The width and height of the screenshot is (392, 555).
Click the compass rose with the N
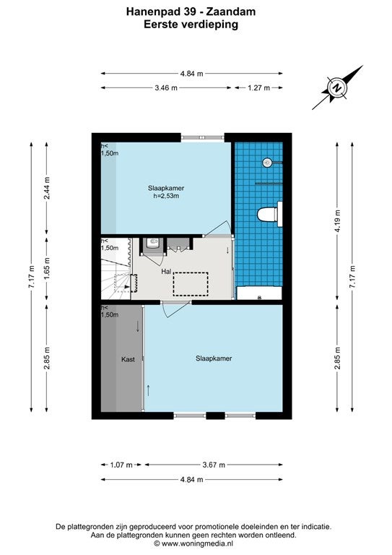338,87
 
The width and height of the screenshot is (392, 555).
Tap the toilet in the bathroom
269,214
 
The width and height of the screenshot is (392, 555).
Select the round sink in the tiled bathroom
268,163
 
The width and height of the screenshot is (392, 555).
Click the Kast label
128,359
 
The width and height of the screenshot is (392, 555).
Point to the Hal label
166,272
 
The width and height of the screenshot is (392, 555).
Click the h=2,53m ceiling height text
166,196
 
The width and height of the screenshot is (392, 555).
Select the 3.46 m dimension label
166,87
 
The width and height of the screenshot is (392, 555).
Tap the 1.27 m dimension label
258,87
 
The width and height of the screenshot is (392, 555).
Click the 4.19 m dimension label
338,221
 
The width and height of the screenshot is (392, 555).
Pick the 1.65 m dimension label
47,268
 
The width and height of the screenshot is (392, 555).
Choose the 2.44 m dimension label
47,188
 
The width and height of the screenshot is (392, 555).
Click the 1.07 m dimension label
121,465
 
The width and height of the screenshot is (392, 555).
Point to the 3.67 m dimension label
214,465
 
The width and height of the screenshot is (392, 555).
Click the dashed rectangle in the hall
191,284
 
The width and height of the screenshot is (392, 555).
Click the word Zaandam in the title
230,12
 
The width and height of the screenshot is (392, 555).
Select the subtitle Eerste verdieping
191,24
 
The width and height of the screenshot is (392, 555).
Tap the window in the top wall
203,138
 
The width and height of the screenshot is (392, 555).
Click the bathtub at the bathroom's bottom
259,293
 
